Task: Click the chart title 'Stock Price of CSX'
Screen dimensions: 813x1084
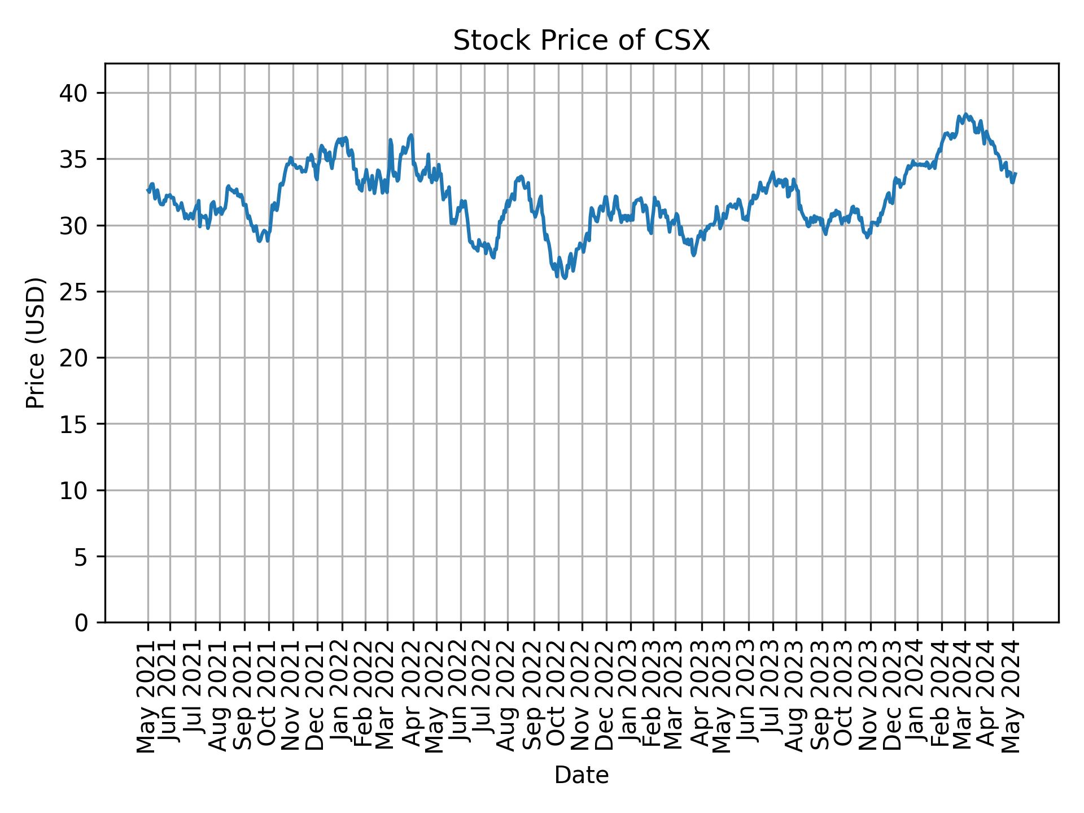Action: tap(581, 41)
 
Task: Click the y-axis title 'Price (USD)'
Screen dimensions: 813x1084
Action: tap(35, 343)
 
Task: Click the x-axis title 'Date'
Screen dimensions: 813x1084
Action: tap(581, 775)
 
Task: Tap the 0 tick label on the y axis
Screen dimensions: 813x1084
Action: tap(82, 622)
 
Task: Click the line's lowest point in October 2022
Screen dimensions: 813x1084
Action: tap(564, 278)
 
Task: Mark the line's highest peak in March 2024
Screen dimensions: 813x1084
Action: tap(965, 114)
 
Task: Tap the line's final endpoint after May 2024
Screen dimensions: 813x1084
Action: tap(1016, 174)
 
